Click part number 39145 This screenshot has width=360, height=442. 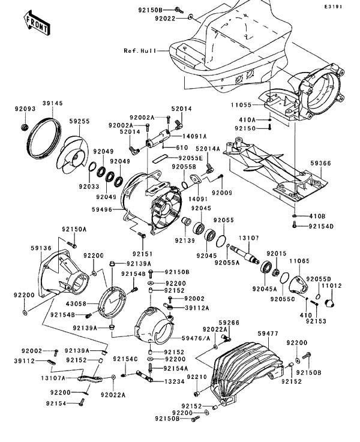(52, 103)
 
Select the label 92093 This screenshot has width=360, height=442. (25, 109)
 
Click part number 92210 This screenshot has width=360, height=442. (196, 376)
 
